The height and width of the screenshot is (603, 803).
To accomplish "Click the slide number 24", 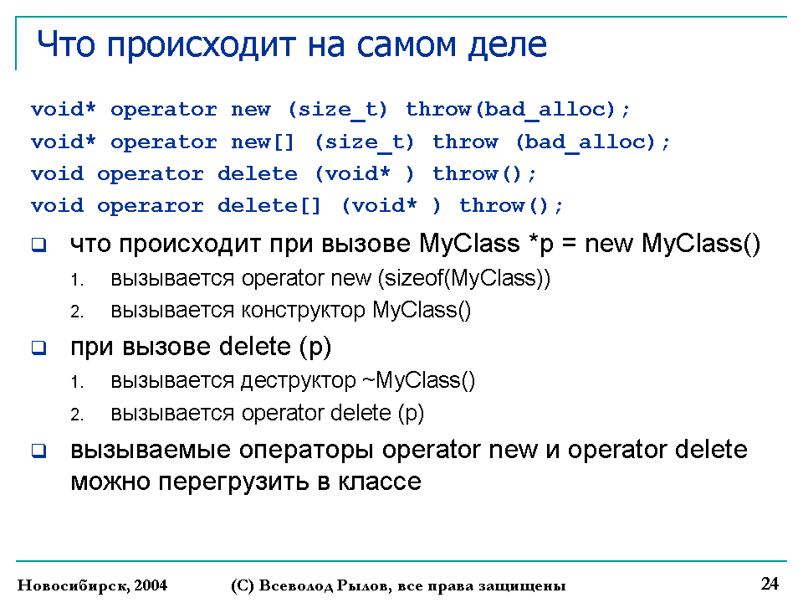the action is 770,584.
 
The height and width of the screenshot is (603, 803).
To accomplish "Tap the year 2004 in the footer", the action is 151,585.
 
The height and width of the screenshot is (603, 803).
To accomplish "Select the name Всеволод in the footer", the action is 296,585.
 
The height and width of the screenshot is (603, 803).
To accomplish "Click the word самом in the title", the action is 405,44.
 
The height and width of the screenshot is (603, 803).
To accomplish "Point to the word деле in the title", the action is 508,45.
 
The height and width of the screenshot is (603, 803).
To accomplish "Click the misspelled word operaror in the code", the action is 151,206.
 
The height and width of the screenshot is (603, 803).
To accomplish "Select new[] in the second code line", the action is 263,142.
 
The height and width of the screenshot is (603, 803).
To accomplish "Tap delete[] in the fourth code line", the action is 269,206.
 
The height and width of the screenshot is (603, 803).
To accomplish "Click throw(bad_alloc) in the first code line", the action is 510,109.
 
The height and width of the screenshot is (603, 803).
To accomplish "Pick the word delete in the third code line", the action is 257,173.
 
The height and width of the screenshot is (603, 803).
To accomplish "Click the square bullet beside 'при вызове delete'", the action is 39,348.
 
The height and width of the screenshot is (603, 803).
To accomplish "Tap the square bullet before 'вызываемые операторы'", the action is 39,451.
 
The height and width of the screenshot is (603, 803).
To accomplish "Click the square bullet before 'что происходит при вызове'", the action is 39,245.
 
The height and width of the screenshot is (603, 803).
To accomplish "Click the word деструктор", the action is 298,381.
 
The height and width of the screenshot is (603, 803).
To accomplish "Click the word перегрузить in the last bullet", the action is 233,482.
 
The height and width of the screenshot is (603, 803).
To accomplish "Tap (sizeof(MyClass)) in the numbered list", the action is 464,278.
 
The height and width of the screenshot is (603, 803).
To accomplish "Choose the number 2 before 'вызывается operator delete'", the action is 77,415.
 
